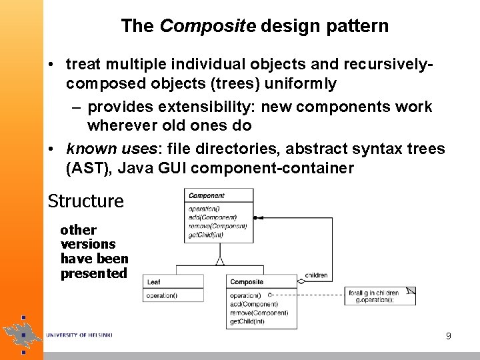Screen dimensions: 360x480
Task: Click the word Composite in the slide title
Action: tap(208, 27)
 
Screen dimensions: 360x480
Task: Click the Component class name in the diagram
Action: tap(206, 195)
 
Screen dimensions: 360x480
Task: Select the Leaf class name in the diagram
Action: tap(153, 282)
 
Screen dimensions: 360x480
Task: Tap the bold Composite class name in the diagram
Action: tap(247, 282)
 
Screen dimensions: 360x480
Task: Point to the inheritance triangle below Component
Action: tap(219, 261)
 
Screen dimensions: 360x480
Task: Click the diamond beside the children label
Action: tap(301, 282)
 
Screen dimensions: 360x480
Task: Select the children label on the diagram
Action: tap(316, 275)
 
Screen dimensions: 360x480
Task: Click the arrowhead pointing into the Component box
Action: tap(257, 217)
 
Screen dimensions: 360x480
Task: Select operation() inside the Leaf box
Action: tap(161, 295)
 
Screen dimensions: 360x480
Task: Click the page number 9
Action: tap(449, 336)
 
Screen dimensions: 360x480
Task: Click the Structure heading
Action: tap(86, 201)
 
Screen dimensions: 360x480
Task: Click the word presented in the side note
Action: tap(93, 273)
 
